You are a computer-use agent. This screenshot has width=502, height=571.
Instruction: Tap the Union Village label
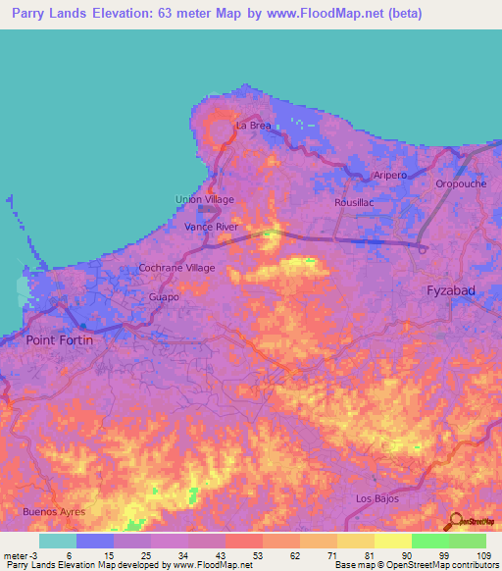pyautogui.click(x=204, y=199)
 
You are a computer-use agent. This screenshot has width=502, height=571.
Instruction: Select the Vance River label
pyautogui.click(x=212, y=227)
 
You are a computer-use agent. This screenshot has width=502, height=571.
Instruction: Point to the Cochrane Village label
pyautogui.click(x=176, y=267)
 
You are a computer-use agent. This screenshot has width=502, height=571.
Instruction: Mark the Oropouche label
pyautogui.click(x=460, y=183)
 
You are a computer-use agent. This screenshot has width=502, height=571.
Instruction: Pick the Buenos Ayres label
pyautogui.click(x=54, y=512)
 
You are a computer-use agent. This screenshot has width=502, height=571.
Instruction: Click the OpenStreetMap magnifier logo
pyautogui.click(x=454, y=521)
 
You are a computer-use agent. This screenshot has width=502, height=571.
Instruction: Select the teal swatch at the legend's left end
pyautogui.click(x=57, y=541)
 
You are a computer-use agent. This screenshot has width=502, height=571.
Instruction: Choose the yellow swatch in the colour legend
pyautogui.click(x=392, y=541)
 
